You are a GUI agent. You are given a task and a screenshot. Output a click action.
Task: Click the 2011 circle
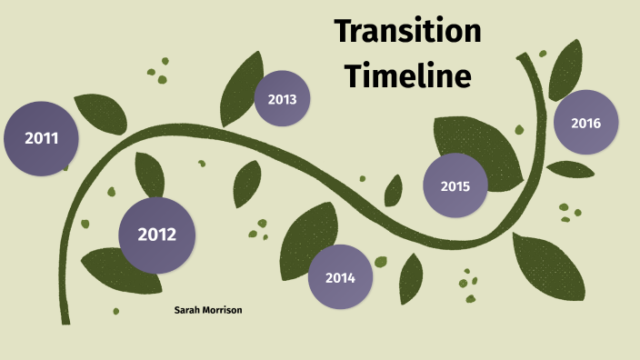click(42, 139)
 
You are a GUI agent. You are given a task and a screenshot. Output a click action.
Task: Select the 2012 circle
click(156, 235)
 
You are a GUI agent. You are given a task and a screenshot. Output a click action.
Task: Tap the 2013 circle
click(282, 99)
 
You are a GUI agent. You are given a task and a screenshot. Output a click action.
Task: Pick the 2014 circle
click(340, 277)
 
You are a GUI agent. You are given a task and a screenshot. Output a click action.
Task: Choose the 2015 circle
click(455, 186)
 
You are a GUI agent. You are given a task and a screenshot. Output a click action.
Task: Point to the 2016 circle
click(585, 123)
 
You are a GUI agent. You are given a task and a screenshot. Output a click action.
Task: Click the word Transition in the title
click(407, 31)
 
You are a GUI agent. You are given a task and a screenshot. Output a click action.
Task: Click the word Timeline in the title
click(407, 75)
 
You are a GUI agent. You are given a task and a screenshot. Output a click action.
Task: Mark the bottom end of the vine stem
click(65, 320)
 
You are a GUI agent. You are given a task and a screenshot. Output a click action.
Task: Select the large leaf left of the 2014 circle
click(304, 236)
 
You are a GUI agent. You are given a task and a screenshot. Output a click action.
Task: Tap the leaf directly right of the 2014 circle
click(411, 277)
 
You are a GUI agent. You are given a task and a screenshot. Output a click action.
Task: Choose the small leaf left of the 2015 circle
click(394, 190)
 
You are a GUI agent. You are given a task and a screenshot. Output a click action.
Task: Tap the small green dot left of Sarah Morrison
click(116, 311)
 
